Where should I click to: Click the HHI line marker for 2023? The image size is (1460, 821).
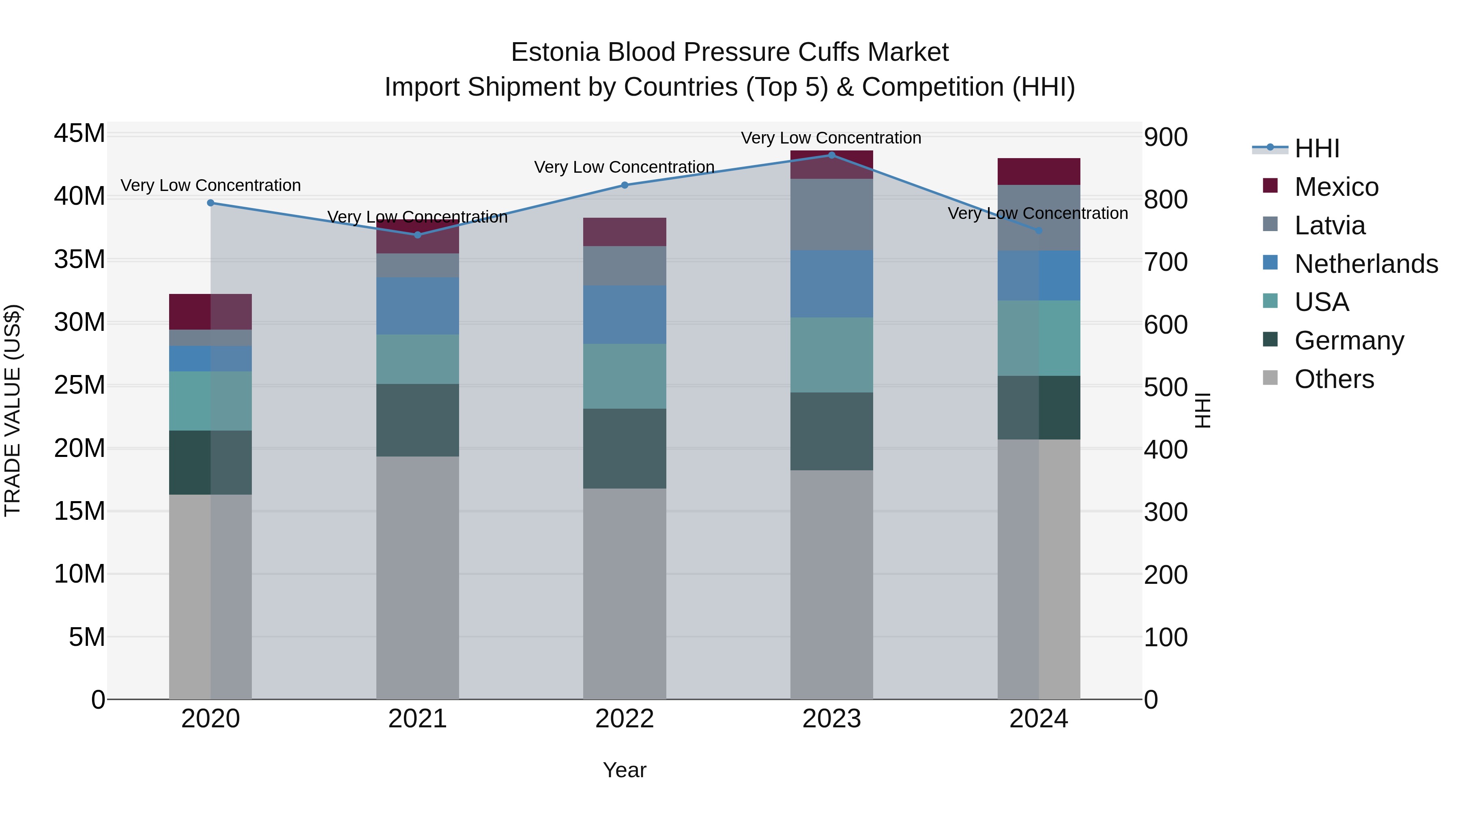tap(831, 155)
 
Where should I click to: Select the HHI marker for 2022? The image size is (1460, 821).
tap(625, 185)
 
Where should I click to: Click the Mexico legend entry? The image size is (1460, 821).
tap(1336, 187)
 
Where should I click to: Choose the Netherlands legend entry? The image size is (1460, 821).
tap(1366, 264)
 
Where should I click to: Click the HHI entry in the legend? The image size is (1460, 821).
tap(1316, 148)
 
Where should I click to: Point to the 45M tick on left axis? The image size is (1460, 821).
tap(79, 134)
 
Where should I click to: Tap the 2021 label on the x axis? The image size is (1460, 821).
tap(417, 719)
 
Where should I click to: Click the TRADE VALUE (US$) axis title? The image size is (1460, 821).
tap(13, 410)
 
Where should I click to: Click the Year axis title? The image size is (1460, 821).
tap(625, 770)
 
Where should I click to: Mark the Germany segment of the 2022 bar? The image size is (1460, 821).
tap(625, 449)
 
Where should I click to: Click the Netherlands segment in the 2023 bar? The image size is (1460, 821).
tap(831, 284)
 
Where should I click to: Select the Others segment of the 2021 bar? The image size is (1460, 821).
tap(417, 578)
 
